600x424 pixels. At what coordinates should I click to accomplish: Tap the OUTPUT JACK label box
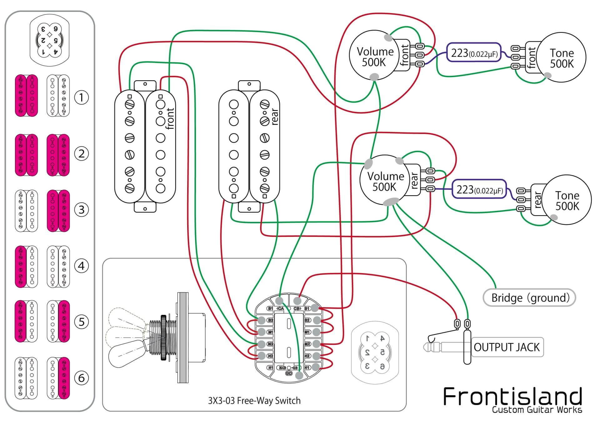[x=507, y=347]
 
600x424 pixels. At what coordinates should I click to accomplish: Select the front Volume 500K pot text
[x=375, y=57]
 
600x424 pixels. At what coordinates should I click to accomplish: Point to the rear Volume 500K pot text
[x=385, y=182]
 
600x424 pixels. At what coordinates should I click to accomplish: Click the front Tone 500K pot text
[x=562, y=58]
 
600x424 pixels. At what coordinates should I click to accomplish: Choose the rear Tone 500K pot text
[x=567, y=201]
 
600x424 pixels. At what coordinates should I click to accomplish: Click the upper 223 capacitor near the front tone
[x=474, y=53]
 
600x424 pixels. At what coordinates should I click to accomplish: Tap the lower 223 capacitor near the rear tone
[x=479, y=190]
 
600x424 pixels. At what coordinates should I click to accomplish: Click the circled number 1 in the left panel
[x=81, y=97]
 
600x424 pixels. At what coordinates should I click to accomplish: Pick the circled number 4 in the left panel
[x=81, y=266]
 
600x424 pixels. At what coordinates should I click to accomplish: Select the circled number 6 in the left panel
[x=81, y=378]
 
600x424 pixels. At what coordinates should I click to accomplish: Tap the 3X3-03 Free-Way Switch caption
[x=254, y=401]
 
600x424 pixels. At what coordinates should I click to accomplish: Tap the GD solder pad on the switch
[x=299, y=375]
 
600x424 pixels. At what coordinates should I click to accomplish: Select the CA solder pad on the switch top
[x=279, y=301]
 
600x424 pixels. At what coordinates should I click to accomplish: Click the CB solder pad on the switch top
[x=297, y=301]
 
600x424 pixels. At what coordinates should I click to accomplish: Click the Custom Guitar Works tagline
[x=537, y=410]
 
